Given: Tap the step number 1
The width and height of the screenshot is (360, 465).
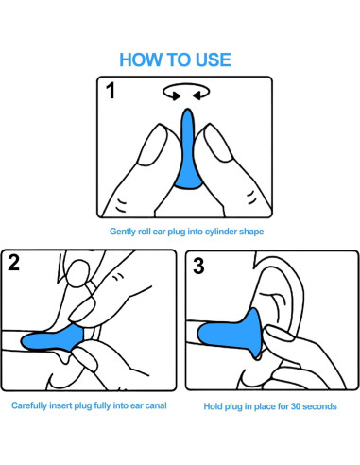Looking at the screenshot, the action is (111, 91).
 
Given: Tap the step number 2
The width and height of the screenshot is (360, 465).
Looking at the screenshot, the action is (13, 262).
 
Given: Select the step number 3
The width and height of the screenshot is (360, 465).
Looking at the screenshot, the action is (198, 266).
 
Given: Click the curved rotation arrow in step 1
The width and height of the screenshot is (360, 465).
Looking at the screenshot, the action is (186, 85).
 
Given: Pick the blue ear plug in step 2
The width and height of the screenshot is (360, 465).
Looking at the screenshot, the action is (53, 339).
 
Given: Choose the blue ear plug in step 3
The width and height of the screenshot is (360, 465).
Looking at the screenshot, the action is (231, 335).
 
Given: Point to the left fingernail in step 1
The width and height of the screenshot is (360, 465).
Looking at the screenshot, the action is (153, 145).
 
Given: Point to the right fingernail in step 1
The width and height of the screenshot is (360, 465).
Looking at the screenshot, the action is (219, 144).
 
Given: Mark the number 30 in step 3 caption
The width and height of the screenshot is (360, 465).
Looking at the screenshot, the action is (296, 406).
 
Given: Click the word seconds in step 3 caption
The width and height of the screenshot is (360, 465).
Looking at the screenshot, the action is (319, 406).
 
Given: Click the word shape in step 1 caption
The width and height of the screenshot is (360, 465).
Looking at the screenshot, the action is (251, 232).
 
